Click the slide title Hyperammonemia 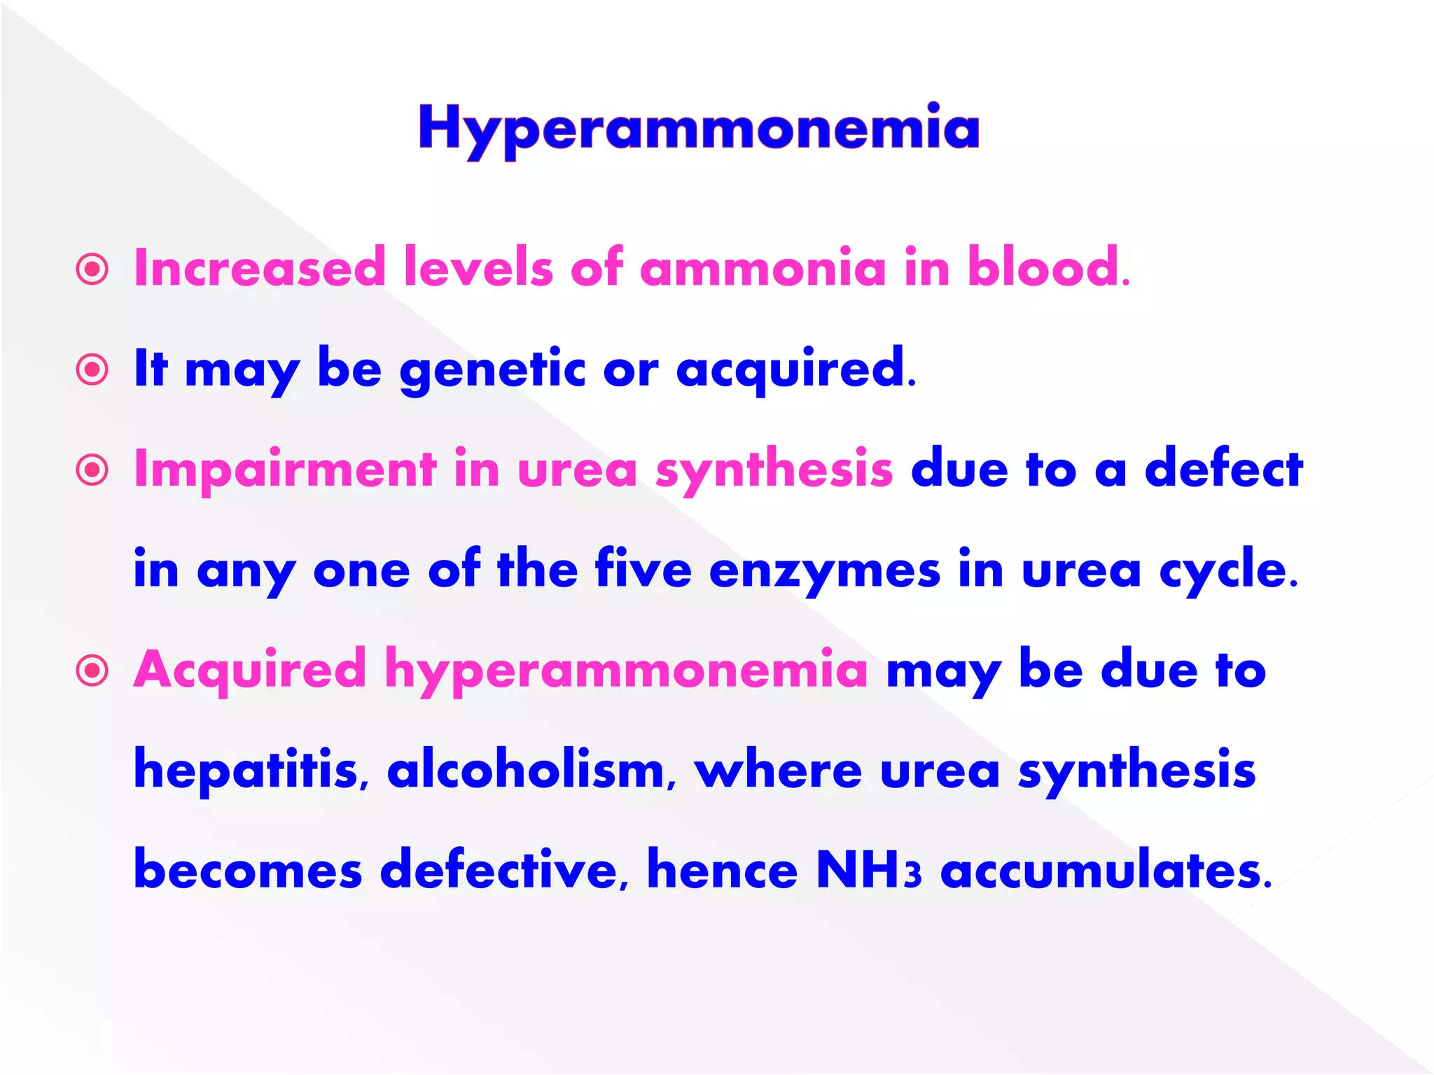tap(699, 129)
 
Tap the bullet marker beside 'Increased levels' tap(92, 269)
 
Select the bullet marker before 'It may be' tap(92, 370)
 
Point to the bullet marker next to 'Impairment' tap(92, 470)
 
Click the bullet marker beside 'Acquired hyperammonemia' tap(92, 670)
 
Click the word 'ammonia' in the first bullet tap(763, 268)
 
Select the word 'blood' tap(1043, 268)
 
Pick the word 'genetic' tap(492, 370)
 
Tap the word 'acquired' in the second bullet tap(791, 370)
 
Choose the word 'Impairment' tap(285, 468)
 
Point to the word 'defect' tap(1224, 468)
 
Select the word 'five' tap(643, 569)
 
